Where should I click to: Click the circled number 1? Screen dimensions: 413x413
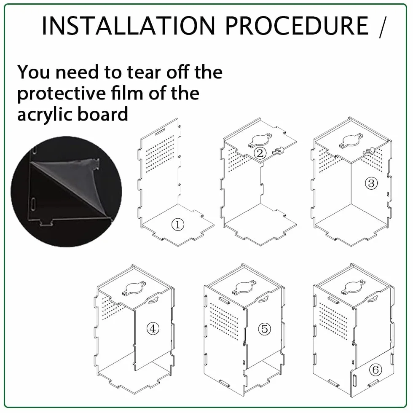[178, 225]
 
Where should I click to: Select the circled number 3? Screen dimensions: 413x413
[371, 183]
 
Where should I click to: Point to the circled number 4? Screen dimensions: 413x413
[153, 329]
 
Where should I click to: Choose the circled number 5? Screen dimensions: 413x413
[265, 329]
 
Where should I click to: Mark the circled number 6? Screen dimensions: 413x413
[375, 370]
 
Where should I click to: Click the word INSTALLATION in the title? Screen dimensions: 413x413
[128, 26]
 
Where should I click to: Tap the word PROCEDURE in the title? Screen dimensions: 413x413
[297, 26]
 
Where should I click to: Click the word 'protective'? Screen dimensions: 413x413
[62, 94]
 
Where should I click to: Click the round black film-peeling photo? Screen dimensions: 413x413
[66, 191]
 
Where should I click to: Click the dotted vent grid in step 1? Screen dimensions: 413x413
[160, 154]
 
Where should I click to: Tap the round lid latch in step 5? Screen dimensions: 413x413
[244, 288]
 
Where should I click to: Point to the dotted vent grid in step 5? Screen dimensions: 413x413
[225, 321]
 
